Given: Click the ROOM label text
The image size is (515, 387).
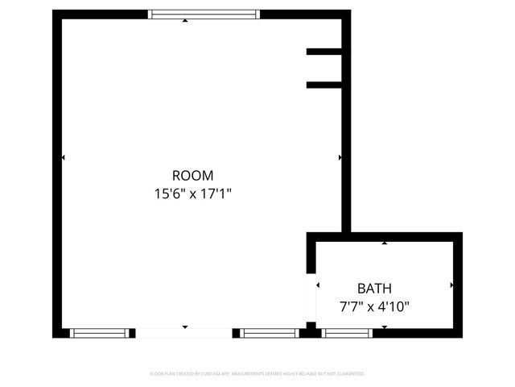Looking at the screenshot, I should [x=193, y=175].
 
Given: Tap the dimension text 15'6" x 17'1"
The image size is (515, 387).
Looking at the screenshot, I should [x=193, y=193].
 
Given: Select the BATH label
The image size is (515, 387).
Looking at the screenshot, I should [x=374, y=288].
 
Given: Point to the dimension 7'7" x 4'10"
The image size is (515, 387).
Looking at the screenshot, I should [x=374, y=306].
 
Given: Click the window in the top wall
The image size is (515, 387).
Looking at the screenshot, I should [x=205, y=14].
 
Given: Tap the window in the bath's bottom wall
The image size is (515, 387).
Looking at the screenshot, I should [x=347, y=332].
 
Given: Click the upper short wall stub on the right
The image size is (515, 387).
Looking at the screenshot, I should [x=325, y=52].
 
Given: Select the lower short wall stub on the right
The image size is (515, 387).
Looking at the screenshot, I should [x=325, y=84].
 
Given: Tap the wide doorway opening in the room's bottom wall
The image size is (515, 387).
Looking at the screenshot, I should [x=184, y=332].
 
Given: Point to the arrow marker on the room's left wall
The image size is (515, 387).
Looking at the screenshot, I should [x=64, y=157].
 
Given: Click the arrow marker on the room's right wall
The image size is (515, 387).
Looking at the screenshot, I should [x=340, y=157].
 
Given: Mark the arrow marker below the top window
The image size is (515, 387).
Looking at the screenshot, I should [x=186, y=20].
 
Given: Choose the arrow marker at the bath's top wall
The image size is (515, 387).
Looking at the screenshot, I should [x=385, y=242].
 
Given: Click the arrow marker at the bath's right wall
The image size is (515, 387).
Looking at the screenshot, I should [x=451, y=285].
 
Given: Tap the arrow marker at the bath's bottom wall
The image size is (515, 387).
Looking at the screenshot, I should [x=385, y=327].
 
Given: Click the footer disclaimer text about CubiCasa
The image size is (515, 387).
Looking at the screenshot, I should [x=257, y=374].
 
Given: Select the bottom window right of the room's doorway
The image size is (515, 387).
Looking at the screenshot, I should [x=270, y=332].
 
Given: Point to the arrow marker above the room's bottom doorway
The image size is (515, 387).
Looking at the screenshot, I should [x=185, y=327].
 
